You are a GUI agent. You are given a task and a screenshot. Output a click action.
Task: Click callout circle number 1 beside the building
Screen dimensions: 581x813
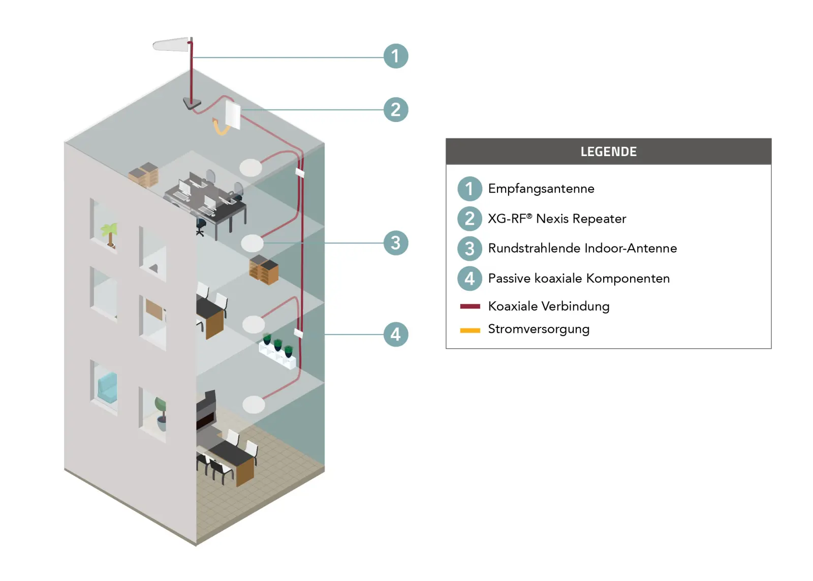click(x=395, y=56)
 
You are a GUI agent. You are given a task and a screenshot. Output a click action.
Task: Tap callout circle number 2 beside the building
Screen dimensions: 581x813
click(x=395, y=110)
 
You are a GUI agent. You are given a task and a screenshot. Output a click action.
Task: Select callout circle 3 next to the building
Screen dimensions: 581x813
click(x=395, y=243)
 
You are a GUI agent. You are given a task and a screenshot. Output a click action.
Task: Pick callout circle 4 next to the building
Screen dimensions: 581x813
click(x=395, y=334)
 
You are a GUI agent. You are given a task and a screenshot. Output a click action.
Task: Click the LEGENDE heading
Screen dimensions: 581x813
click(x=608, y=151)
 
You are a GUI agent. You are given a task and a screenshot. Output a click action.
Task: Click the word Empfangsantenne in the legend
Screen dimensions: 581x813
click(x=541, y=189)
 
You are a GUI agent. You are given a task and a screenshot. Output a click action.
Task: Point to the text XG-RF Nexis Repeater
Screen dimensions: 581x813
click(x=557, y=219)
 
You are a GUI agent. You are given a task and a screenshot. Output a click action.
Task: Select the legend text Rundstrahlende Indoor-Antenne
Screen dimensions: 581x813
click(x=582, y=248)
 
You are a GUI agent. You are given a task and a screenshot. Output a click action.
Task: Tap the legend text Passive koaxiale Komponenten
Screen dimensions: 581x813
click(x=579, y=279)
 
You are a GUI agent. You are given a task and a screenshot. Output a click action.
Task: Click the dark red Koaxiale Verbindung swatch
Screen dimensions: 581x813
click(x=470, y=306)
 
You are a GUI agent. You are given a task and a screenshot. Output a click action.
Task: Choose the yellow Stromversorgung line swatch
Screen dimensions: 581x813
click(x=470, y=330)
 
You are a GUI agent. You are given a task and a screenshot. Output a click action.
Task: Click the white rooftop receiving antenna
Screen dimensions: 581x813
click(x=171, y=45)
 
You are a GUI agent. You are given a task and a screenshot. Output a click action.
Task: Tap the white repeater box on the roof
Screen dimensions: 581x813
click(x=233, y=114)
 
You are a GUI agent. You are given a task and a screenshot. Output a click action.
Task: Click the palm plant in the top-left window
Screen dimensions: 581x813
click(x=110, y=234)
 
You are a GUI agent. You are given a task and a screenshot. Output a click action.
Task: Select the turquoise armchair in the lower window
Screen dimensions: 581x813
click(x=107, y=387)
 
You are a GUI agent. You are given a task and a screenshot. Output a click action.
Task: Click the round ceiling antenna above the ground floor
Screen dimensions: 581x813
click(x=254, y=405)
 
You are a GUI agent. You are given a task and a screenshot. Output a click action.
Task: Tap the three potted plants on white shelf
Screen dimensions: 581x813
click(x=278, y=350)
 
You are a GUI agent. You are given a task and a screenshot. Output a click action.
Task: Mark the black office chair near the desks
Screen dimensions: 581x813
click(x=201, y=226)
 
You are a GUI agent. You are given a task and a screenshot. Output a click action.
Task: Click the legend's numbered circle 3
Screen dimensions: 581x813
click(x=470, y=249)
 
